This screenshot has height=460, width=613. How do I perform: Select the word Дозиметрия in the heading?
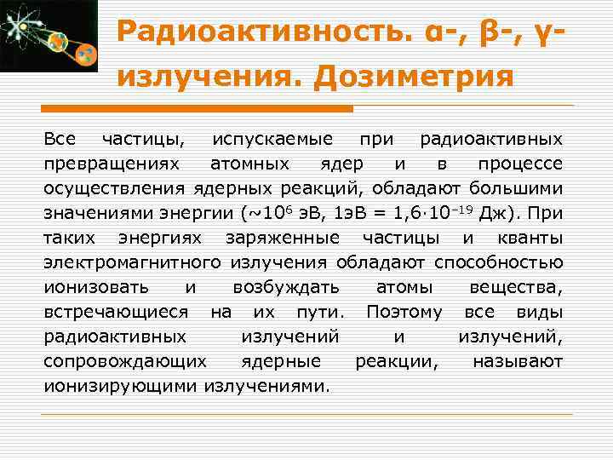coord(414,78)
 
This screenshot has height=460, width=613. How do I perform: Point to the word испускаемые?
coord(275,138)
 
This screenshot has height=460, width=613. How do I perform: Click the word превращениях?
coord(112,163)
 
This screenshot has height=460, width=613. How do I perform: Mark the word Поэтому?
coord(404,312)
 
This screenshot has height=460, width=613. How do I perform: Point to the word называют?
coord(518,361)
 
